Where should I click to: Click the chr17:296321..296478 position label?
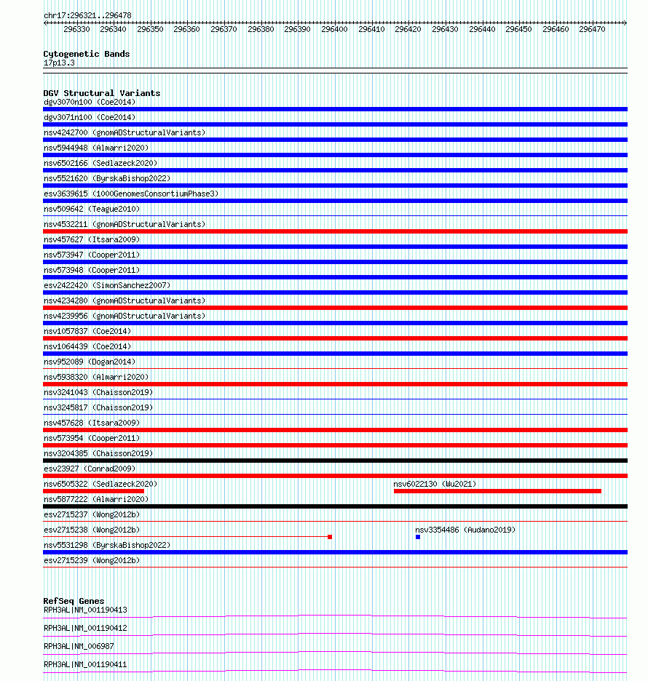(x=87, y=15)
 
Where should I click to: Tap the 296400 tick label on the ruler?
(x=334, y=29)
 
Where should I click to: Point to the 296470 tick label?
(x=592, y=29)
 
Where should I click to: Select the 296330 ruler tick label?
(x=76, y=29)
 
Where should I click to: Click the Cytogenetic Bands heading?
(x=86, y=54)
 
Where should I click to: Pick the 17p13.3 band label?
(x=59, y=63)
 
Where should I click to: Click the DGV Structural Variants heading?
(x=101, y=93)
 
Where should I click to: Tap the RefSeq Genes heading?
(x=74, y=602)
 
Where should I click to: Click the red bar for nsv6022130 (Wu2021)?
(x=497, y=491)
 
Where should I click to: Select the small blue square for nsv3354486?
(x=418, y=537)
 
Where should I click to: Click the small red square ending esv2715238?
(x=330, y=537)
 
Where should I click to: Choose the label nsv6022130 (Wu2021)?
(x=435, y=484)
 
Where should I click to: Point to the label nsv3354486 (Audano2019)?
(x=465, y=530)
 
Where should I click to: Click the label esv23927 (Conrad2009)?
(x=90, y=469)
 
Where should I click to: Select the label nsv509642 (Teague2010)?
(x=92, y=209)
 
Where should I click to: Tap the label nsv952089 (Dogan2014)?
(x=90, y=362)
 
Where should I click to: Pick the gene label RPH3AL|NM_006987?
(x=79, y=646)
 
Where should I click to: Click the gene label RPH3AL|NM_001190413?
(x=85, y=610)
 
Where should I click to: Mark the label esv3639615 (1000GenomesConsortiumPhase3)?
(x=130, y=194)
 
